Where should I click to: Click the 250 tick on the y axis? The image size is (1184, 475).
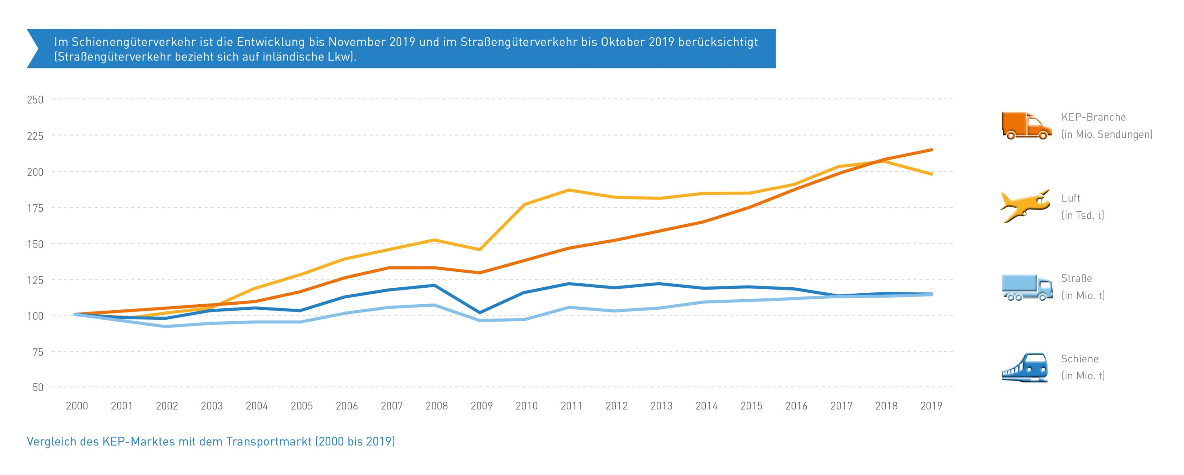tap(35, 100)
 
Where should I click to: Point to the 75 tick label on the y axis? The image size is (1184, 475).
tap(37, 352)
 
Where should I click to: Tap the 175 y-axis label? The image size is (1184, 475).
tap(35, 208)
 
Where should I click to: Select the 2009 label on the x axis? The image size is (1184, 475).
tap(481, 406)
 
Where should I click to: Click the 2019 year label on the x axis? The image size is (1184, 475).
tap(931, 406)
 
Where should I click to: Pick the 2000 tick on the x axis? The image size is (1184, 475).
tap(77, 406)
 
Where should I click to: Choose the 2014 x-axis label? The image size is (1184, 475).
tap(706, 406)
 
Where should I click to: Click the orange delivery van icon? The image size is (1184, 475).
tap(1026, 126)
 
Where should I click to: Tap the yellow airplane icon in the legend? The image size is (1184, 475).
tap(1025, 206)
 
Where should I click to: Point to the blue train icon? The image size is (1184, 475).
tap(1025, 367)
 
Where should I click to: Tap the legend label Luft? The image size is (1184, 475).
tap(1070, 198)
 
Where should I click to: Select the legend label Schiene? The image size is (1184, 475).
tap(1080, 359)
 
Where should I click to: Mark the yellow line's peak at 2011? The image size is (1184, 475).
tap(569, 190)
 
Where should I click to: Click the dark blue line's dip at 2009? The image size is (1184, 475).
tap(480, 313)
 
